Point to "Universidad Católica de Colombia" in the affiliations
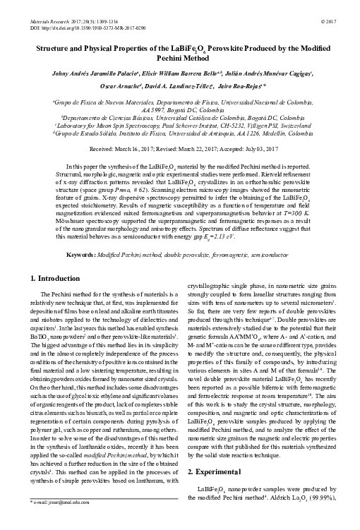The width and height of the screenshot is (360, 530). coord(206,112)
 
